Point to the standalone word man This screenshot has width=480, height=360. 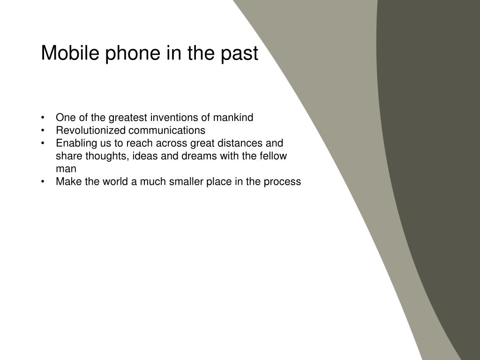[66, 169]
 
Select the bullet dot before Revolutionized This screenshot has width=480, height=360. [43, 130]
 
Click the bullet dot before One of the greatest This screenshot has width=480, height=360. [43, 118]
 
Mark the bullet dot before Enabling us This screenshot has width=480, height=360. [43, 143]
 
